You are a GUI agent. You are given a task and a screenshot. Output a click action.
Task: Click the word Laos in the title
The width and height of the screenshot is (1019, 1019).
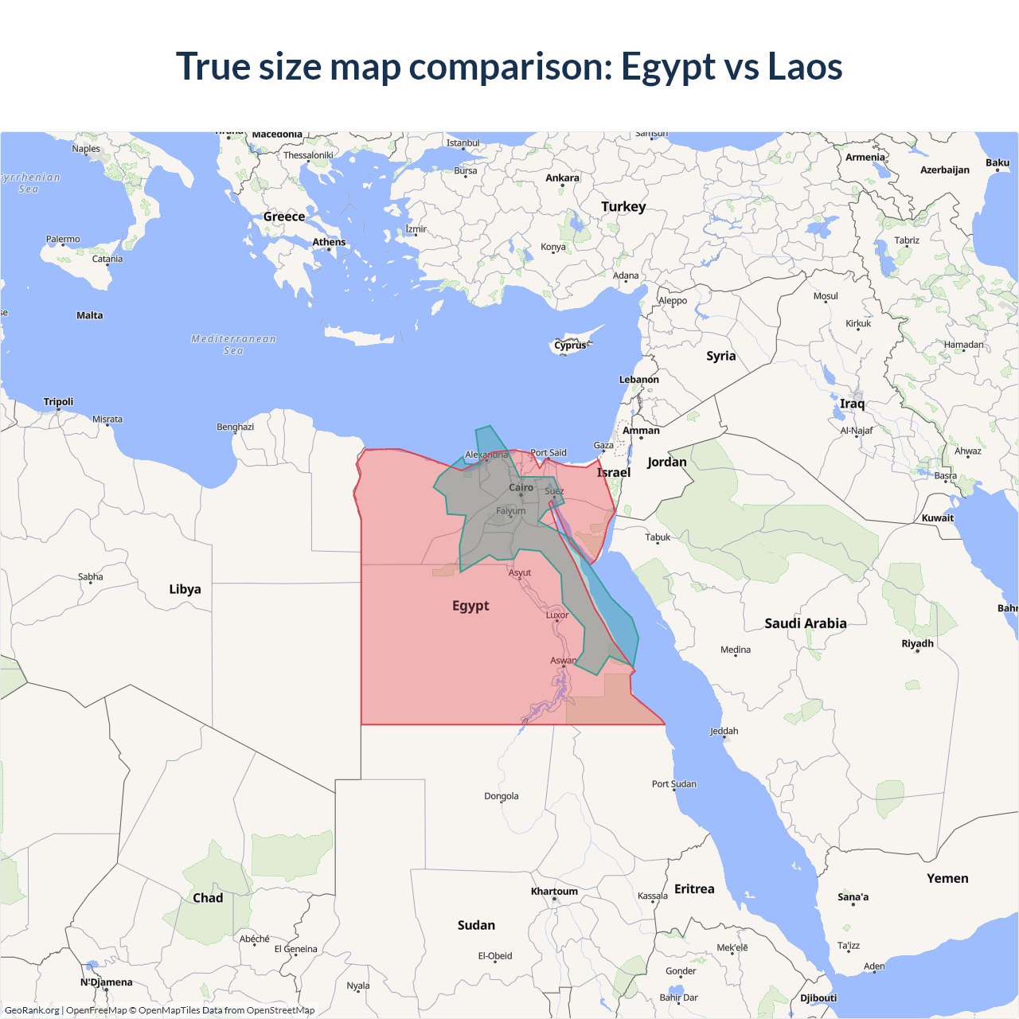[x=805, y=67]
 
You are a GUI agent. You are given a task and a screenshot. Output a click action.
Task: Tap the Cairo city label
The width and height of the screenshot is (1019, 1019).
[x=521, y=487]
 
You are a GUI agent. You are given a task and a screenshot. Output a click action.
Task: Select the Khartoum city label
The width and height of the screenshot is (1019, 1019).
[x=554, y=892]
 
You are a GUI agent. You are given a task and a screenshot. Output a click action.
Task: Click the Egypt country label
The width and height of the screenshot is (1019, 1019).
[x=470, y=606]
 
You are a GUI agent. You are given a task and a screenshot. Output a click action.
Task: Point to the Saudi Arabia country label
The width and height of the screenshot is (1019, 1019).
[x=806, y=623]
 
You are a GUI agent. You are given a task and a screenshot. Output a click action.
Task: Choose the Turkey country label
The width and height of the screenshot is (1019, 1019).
[x=623, y=207]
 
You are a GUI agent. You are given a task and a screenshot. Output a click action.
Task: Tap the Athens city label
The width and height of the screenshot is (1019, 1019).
[x=329, y=242]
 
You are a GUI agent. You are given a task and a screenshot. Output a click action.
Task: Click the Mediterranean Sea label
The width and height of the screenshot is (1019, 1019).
[x=233, y=345]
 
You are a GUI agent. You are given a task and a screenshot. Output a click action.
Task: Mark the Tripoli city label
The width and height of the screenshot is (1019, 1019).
[x=58, y=402]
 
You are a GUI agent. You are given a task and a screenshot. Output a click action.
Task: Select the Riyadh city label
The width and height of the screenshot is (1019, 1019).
[x=917, y=643]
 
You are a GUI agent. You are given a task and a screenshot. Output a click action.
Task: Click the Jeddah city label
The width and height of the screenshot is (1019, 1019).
[x=724, y=731]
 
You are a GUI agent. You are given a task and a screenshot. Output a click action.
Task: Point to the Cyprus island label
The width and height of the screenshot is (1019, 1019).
[x=570, y=346]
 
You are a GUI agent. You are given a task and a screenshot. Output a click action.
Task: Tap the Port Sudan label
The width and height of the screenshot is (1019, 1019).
[x=673, y=784]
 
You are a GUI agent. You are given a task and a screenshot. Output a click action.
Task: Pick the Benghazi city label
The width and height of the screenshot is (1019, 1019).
[x=235, y=428]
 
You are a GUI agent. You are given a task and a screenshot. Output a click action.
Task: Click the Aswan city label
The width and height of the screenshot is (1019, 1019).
[x=563, y=661]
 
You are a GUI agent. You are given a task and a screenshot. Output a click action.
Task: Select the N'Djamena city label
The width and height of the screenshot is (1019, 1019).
[x=106, y=982]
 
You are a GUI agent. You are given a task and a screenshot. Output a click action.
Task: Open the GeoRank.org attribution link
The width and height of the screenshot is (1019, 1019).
[x=32, y=1010]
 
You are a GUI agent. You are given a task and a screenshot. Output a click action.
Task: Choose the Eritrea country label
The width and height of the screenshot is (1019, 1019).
[x=694, y=889]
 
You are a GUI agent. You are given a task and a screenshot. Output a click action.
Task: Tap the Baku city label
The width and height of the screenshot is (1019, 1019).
[x=998, y=163]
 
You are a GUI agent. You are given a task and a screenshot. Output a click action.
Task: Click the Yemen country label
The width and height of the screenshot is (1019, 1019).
[x=947, y=879]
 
